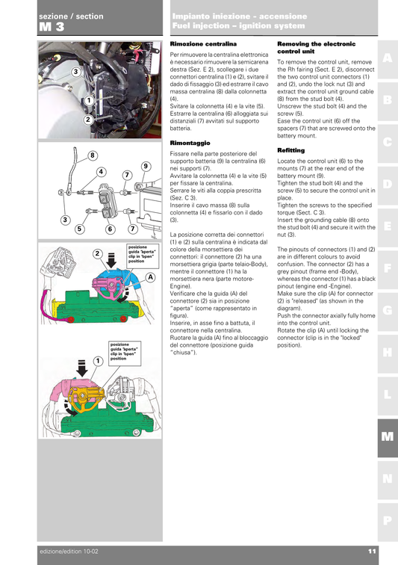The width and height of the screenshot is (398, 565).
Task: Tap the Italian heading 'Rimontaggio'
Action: (190, 142)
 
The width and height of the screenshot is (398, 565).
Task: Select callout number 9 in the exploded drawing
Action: (145, 166)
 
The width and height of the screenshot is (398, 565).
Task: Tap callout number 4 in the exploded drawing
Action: (99, 172)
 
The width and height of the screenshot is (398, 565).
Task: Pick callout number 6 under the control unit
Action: (109, 229)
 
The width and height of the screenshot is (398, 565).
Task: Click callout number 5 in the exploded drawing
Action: (78, 229)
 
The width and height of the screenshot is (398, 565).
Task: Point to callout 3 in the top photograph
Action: (75, 72)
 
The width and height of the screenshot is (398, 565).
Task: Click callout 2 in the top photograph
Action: (87, 119)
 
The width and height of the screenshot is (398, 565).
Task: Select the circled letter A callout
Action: (150, 277)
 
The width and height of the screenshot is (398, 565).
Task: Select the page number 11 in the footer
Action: (371, 552)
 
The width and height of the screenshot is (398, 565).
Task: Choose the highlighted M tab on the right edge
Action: (387, 437)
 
